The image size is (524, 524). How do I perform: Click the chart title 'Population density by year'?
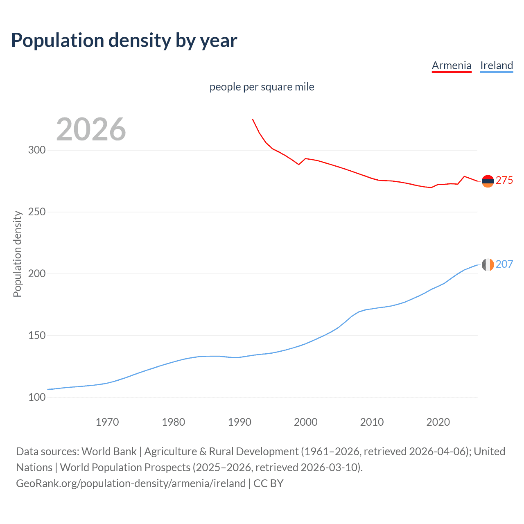click(124, 41)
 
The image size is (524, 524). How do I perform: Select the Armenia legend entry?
click(452, 65)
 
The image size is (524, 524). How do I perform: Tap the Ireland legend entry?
click(497, 65)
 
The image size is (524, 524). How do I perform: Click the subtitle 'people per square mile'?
click(262, 87)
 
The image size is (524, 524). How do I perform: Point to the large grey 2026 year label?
click(91, 129)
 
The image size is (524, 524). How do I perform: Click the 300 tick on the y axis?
click(37, 150)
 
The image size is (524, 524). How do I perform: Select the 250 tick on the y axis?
click(37, 212)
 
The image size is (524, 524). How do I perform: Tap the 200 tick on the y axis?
click(37, 273)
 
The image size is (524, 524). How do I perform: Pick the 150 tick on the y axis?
click(37, 335)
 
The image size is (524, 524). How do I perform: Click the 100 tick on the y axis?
click(37, 397)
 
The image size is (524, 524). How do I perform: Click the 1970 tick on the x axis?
click(107, 422)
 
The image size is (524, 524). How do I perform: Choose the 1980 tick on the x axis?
click(174, 422)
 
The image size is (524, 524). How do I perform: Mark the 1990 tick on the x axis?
click(239, 422)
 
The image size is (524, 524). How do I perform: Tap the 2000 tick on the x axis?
click(306, 422)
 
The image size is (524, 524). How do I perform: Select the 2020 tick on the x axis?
click(438, 422)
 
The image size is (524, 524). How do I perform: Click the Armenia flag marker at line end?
click(488, 181)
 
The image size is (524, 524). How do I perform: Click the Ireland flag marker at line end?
click(488, 265)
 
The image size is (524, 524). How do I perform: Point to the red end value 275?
click(504, 181)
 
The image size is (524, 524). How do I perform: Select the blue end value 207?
click(504, 264)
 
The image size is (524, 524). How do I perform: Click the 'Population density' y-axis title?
click(17, 254)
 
